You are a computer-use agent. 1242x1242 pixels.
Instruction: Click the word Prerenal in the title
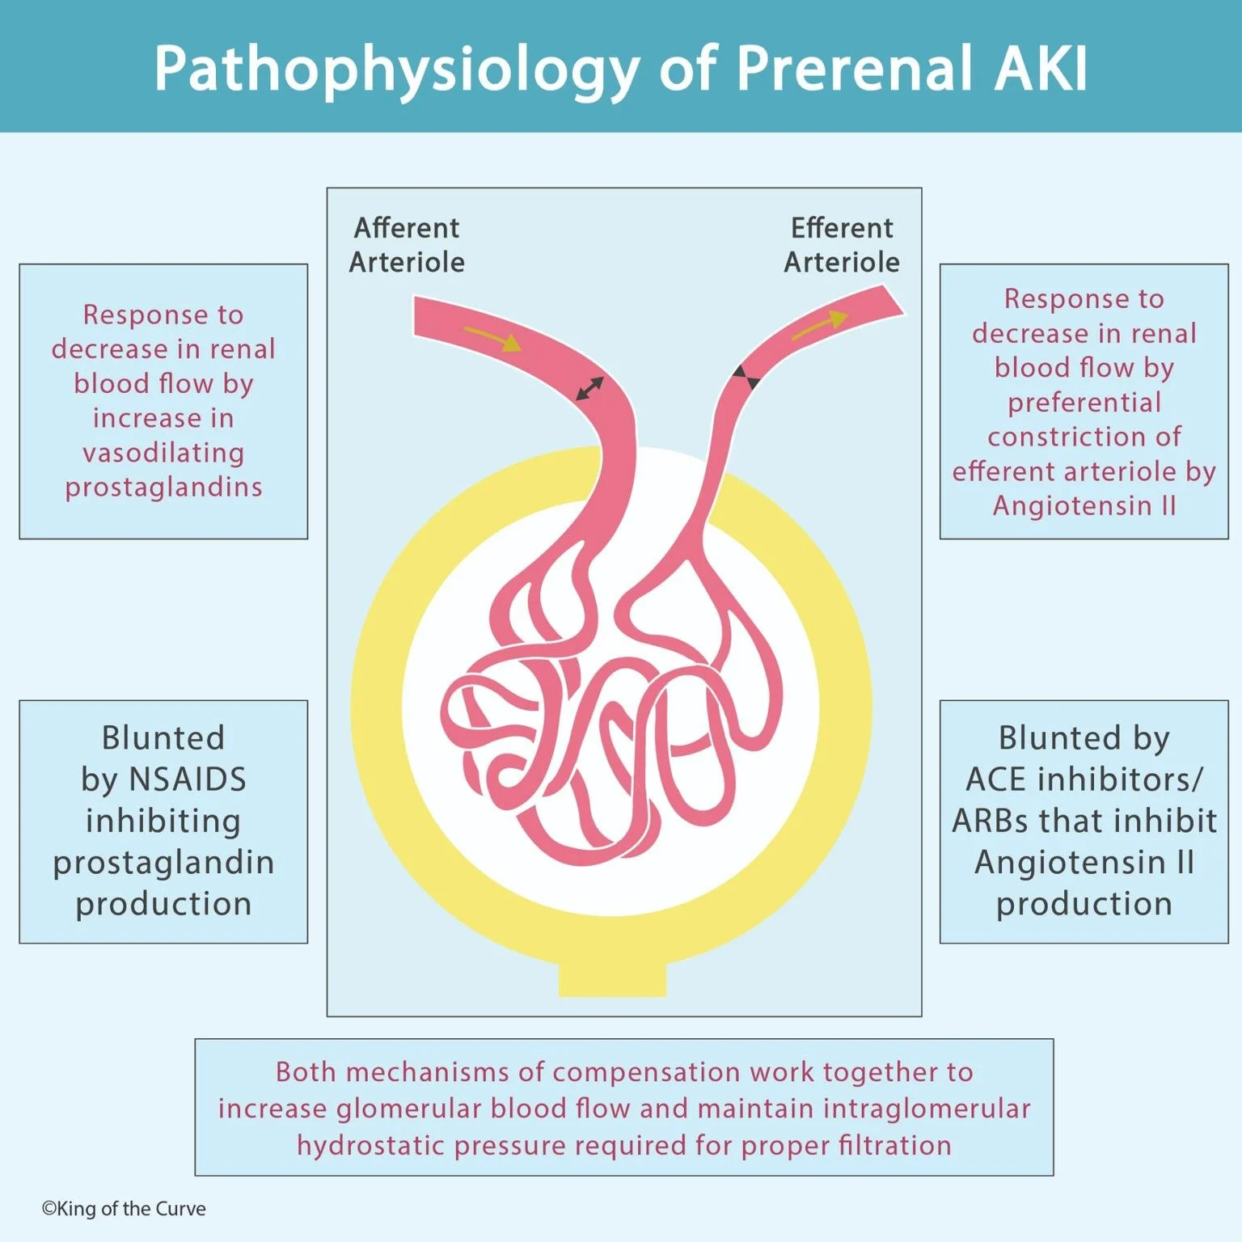coord(854,68)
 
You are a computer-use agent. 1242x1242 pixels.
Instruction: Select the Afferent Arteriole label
coord(407,245)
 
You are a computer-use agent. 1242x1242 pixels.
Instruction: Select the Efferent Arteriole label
coord(842,245)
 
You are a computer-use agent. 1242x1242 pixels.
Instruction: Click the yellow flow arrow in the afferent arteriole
coord(493,339)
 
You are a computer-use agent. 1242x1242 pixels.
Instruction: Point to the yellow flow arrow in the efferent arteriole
coord(820,325)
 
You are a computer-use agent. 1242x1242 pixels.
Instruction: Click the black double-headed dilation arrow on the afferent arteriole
coord(589,388)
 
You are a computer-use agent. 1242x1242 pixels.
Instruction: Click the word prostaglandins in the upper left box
coord(164,488)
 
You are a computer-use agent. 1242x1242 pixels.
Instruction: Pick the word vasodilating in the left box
coord(164,453)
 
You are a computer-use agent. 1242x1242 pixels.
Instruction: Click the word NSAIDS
coord(188,779)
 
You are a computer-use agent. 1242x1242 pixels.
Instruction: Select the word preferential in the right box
coord(1084,403)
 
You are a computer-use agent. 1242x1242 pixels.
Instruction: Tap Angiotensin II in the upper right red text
coord(1084,505)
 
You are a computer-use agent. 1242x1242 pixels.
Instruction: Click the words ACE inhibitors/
coord(1084,779)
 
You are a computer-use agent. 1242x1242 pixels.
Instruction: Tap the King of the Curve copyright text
coord(124,1209)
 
